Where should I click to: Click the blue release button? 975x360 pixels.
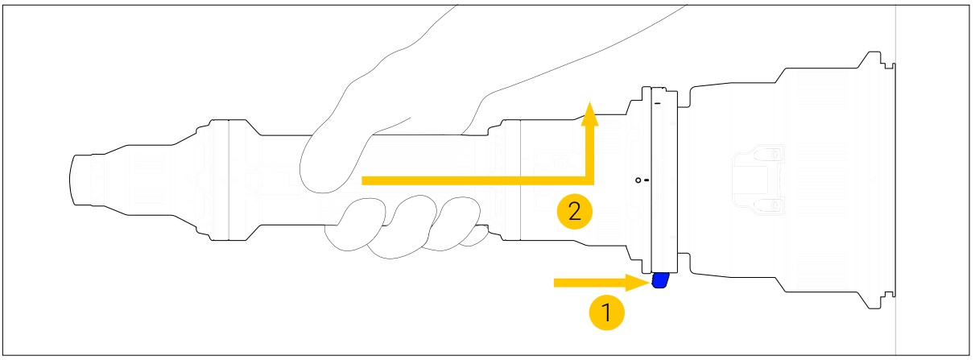[660, 280]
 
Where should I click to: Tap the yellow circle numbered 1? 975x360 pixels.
[606, 312]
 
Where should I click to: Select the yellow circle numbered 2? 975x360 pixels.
[575, 212]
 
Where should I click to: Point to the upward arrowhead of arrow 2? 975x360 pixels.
[590, 114]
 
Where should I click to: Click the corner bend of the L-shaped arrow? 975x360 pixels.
[590, 180]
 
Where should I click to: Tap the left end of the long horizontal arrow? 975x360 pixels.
[363, 180]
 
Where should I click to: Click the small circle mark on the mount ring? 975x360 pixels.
[638, 180]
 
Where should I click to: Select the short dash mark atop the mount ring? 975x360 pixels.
[657, 103]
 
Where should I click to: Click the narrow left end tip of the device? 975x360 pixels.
[71, 180]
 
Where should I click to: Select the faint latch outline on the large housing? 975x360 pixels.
[758, 180]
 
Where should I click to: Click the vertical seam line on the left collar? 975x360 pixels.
[229, 180]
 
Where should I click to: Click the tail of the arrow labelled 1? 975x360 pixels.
[556, 283]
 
